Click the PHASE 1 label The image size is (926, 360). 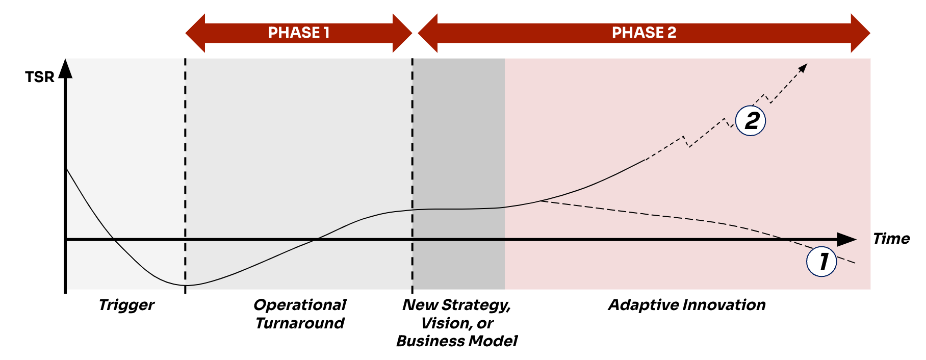pyautogui.click(x=299, y=33)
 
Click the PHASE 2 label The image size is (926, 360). pyautogui.click(x=644, y=33)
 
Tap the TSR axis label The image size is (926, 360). pyautogui.click(x=39, y=77)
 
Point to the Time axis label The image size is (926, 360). pyautogui.click(x=891, y=239)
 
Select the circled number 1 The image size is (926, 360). pyautogui.click(x=821, y=261)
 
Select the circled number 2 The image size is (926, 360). pyautogui.click(x=751, y=121)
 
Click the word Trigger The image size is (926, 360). pyautogui.click(x=126, y=305)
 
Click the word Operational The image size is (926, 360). pyautogui.click(x=300, y=305)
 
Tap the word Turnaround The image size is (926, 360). pyautogui.click(x=300, y=323)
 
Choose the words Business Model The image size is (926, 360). pyautogui.click(x=457, y=341)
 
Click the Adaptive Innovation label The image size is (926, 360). pyautogui.click(x=687, y=305)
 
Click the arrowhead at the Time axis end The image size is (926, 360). pyautogui.click(x=847, y=239)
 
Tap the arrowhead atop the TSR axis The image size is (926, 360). pyautogui.click(x=65, y=69)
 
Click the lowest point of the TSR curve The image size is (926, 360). pyautogui.click(x=185, y=285)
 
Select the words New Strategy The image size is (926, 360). pyautogui.click(x=456, y=305)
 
